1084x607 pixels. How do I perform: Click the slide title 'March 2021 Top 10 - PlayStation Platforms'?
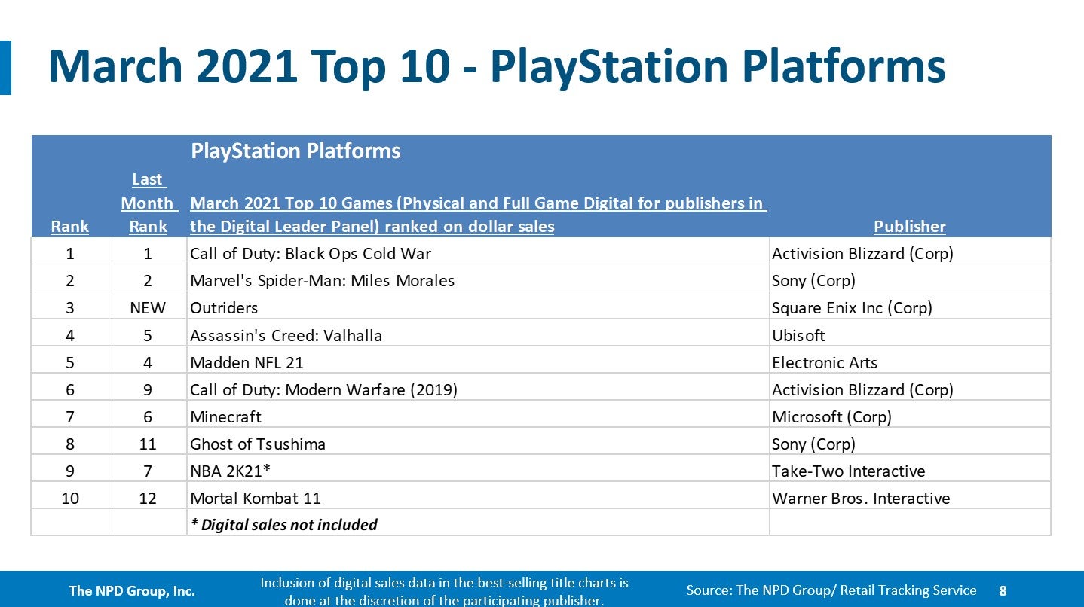496,67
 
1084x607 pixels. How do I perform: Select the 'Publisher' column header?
909,226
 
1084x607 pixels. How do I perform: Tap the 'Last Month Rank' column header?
148,203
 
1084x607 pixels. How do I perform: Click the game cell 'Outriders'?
224,308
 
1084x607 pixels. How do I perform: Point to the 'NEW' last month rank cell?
148,308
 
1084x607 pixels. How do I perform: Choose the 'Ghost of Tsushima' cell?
258,444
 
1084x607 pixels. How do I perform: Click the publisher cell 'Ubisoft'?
798,335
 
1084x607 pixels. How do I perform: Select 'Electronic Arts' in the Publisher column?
825,362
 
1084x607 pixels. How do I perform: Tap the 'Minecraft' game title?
225,416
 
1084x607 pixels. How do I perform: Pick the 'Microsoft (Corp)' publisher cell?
831,416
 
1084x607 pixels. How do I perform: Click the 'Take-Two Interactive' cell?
848,471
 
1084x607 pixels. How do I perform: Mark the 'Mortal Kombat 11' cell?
256,499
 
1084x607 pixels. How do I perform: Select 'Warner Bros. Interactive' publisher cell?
861,499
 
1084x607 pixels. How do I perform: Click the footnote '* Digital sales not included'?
284,525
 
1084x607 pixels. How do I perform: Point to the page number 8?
1003,591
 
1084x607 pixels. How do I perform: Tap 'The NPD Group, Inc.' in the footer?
132,591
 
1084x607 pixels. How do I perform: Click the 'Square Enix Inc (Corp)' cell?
852,308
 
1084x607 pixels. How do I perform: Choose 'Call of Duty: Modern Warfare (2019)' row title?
323,389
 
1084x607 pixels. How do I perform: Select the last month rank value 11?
148,444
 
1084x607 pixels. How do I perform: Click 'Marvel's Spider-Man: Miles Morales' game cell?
322,281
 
